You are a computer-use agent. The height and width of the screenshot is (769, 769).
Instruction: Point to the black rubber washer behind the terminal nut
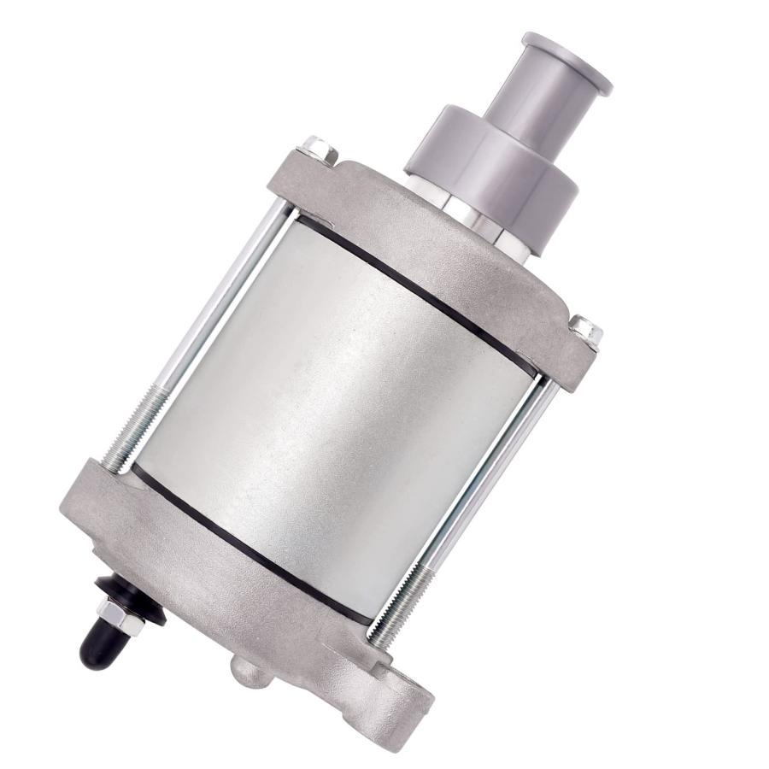pos(137,602)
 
